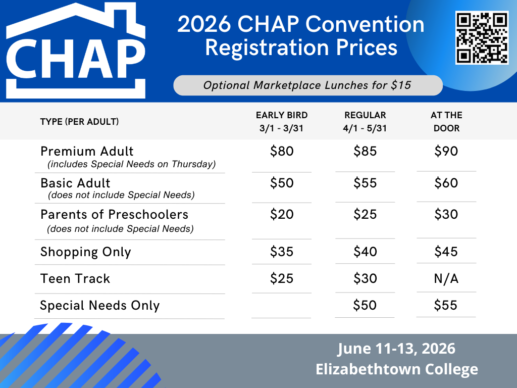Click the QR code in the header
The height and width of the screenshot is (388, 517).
tap(482, 37)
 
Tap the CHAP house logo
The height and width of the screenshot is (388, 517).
tap(76, 51)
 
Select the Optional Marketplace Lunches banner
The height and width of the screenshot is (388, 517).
tap(308, 85)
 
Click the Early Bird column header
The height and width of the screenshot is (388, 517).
tap(282, 121)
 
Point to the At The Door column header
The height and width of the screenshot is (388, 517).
tap(446, 121)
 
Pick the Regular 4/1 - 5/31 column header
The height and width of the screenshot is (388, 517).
tap(365, 121)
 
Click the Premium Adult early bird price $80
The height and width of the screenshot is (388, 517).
tap(282, 151)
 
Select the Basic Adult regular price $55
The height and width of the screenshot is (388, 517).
tap(365, 183)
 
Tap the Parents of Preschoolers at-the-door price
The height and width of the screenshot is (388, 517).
tap(446, 214)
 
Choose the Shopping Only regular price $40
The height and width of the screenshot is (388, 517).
tap(365, 252)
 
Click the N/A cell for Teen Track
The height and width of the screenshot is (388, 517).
tap(446, 279)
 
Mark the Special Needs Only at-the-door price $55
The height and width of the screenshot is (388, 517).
tap(445, 305)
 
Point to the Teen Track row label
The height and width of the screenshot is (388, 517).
tap(75, 279)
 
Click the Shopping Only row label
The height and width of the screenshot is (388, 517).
tap(86, 252)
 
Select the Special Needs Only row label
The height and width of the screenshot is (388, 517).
tap(100, 306)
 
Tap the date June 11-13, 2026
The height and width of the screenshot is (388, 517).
tap(396, 349)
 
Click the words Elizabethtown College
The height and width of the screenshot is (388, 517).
tap(397, 369)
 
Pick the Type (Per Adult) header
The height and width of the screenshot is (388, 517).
tap(79, 122)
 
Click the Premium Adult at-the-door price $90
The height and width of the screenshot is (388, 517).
tap(446, 151)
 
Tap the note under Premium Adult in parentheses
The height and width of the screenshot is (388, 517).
tap(132, 164)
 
